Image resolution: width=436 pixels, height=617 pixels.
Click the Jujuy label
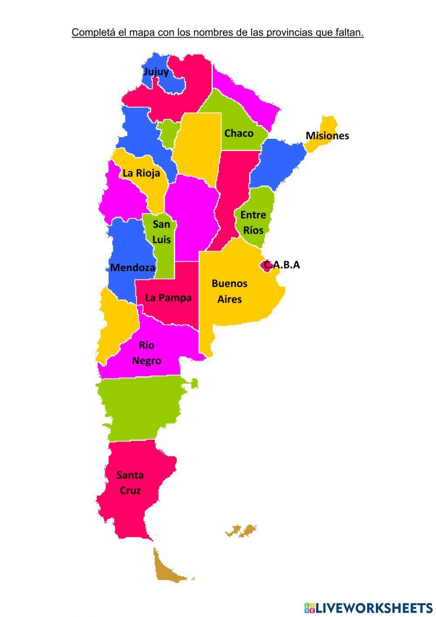point(156,72)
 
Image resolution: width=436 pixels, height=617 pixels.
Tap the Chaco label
point(238,133)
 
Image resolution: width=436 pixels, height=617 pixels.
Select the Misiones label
point(327,136)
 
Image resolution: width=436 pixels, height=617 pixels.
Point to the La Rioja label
point(141,173)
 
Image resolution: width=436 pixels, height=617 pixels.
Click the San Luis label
point(161,232)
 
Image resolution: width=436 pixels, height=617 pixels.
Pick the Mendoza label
point(133,268)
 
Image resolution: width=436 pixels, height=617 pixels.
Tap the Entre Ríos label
point(253,222)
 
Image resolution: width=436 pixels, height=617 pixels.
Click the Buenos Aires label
point(229,291)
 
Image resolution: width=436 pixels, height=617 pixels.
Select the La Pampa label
point(168,298)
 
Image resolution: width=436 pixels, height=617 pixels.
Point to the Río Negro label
point(146,353)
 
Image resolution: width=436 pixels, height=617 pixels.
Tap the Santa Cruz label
point(130,483)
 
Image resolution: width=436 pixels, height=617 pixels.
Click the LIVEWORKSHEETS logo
point(368,607)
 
